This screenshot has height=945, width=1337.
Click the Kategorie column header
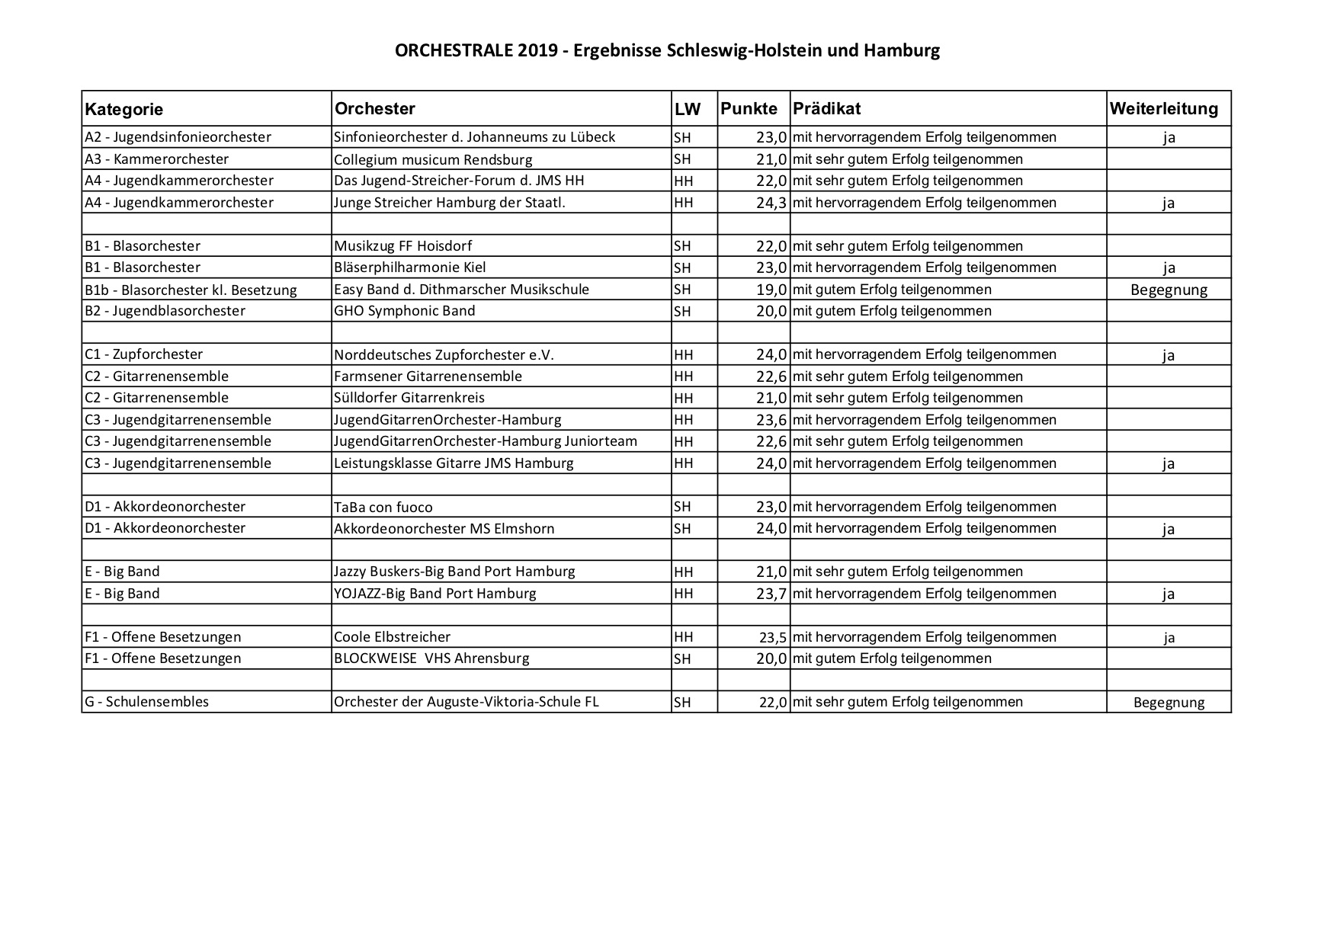tap(123, 109)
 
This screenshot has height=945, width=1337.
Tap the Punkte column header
tap(749, 108)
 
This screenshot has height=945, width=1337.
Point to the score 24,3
tap(771, 203)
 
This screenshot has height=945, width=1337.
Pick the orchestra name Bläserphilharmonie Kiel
tap(409, 267)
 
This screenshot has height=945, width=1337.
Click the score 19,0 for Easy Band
tap(771, 290)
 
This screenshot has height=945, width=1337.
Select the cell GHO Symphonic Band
tap(404, 311)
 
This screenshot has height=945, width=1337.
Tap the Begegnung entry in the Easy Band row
tap(1169, 290)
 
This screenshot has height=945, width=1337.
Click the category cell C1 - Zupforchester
tap(144, 354)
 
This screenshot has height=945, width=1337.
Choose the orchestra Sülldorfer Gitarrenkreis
tap(409, 398)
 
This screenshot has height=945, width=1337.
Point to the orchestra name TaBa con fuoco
tap(383, 507)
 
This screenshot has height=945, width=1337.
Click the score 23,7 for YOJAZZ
tap(771, 594)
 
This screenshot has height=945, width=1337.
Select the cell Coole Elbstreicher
tap(392, 637)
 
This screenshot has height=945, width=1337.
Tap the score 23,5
tap(772, 637)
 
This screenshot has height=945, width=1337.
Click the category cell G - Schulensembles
tap(146, 702)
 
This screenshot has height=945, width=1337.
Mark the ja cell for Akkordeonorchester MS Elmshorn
tap(1169, 529)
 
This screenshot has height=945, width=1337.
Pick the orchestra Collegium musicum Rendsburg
tap(433, 159)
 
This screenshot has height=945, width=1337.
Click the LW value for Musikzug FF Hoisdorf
tap(682, 246)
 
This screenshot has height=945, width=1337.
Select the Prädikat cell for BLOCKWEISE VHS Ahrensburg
tap(892, 658)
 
